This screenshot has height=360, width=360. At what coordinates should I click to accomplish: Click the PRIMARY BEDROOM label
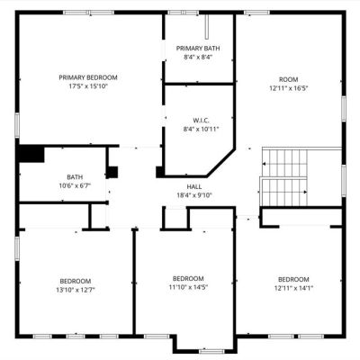click(x=88, y=77)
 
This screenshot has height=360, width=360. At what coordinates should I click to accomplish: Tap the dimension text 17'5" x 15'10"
click(x=88, y=86)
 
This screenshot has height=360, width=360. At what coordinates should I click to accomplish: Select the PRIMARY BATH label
click(x=198, y=49)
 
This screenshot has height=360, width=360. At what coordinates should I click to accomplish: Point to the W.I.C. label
click(x=201, y=121)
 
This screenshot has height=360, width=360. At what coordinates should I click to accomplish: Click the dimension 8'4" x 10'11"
click(x=201, y=130)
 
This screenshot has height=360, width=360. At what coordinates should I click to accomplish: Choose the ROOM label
click(x=289, y=79)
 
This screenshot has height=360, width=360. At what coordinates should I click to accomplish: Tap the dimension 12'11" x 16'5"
click(x=289, y=88)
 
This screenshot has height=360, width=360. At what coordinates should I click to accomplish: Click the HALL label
click(x=194, y=187)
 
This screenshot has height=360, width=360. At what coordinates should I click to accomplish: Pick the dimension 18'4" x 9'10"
click(x=194, y=195)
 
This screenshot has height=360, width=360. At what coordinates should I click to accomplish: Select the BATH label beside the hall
click(x=75, y=177)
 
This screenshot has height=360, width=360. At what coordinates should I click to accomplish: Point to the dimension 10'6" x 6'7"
click(x=75, y=185)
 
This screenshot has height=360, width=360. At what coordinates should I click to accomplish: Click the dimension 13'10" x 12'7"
click(x=76, y=290)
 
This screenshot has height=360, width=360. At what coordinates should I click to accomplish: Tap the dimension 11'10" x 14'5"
click(x=188, y=287)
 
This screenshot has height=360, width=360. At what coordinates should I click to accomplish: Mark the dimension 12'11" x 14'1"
click(x=293, y=288)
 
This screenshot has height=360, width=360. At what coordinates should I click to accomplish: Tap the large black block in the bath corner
click(x=31, y=154)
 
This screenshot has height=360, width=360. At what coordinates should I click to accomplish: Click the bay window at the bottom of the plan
click(x=211, y=351)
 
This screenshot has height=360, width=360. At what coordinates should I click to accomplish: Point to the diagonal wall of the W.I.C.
click(x=220, y=162)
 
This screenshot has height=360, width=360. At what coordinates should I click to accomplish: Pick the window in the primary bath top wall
click(x=183, y=13)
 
